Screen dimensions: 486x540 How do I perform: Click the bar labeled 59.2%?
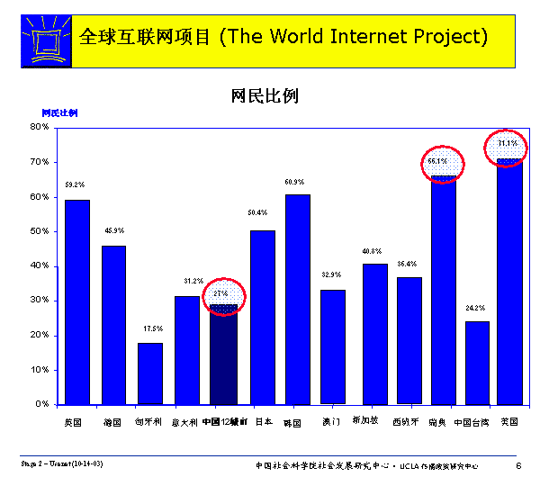(x=77, y=301)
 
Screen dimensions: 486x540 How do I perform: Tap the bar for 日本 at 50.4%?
(x=262, y=317)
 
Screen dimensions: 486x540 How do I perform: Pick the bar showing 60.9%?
(x=298, y=299)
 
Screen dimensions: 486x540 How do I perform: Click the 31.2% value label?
(x=187, y=281)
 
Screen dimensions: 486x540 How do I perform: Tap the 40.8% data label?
(x=373, y=250)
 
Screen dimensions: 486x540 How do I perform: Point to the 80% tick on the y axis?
(x=39, y=127)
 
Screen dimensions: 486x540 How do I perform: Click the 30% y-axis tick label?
(x=39, y=301)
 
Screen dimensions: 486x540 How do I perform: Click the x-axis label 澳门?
(x=331, y=421)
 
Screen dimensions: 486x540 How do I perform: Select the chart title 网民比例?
(x=265, y=95)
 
